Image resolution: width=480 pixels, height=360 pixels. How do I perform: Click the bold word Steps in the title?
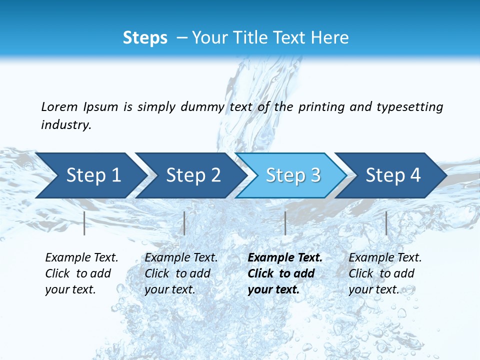click(145, 38)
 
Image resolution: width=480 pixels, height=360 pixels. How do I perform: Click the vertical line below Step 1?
click(84, 223)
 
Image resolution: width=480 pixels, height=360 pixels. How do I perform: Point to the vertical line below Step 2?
click(184, 223)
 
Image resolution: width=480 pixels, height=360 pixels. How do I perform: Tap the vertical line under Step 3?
click(285, 223)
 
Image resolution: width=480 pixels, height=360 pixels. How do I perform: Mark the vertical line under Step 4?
click(386, 223)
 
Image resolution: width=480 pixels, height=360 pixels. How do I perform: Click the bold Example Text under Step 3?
click(285, 258)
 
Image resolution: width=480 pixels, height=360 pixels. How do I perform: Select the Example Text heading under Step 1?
click(81, 258)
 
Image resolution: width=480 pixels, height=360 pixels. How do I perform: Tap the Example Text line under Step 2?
click(181, 258)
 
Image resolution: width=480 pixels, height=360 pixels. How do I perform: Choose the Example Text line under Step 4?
click(385, 258)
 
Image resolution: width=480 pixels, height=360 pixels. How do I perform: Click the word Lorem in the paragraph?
click(59, 107)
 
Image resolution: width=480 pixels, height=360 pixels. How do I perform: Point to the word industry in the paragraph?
click(66, 125)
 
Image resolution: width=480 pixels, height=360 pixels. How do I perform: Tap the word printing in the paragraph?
click(321, 107)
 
